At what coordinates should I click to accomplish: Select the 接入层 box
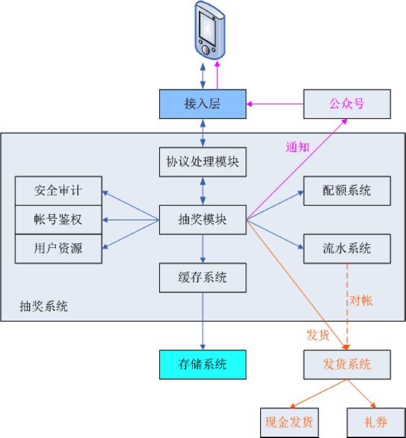tap(203, 104)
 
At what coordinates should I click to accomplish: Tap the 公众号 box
tap(347, 104)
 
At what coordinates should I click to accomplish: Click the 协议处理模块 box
tap(203, 162)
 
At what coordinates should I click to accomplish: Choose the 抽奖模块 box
tap(203, 219)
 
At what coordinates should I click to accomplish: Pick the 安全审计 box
tap(58, 191)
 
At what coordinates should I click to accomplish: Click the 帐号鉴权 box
tap(58, 219)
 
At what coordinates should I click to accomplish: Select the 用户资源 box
tap(58, 248)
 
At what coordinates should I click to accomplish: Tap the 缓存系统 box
tap(203, 277)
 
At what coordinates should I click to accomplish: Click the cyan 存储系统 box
tap(203, 364)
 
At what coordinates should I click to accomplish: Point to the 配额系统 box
tap(347, 191)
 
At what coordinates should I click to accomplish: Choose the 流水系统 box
tap(347, 248)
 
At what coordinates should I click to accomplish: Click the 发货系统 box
tap(347, 364)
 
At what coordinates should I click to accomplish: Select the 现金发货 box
tap(289, 422)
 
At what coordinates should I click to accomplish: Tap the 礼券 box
tap(375, 422)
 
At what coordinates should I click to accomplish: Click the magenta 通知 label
tap(298, 147)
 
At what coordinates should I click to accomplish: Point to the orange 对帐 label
tap(361, 301)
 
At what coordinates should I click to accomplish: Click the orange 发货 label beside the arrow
tap(318, 335)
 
